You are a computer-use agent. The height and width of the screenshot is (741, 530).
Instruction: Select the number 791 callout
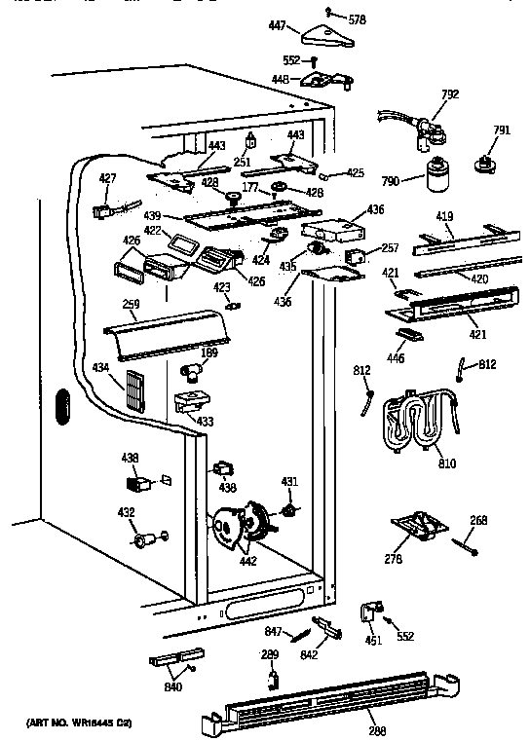click(502, 130)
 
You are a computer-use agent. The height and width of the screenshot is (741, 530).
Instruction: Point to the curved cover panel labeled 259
click(170, 332)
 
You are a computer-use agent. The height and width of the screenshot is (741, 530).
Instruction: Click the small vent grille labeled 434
click(134, 392)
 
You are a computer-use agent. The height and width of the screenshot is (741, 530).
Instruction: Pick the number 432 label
click(126, 511)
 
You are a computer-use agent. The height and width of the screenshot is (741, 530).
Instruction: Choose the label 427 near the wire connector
click(107, 177)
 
